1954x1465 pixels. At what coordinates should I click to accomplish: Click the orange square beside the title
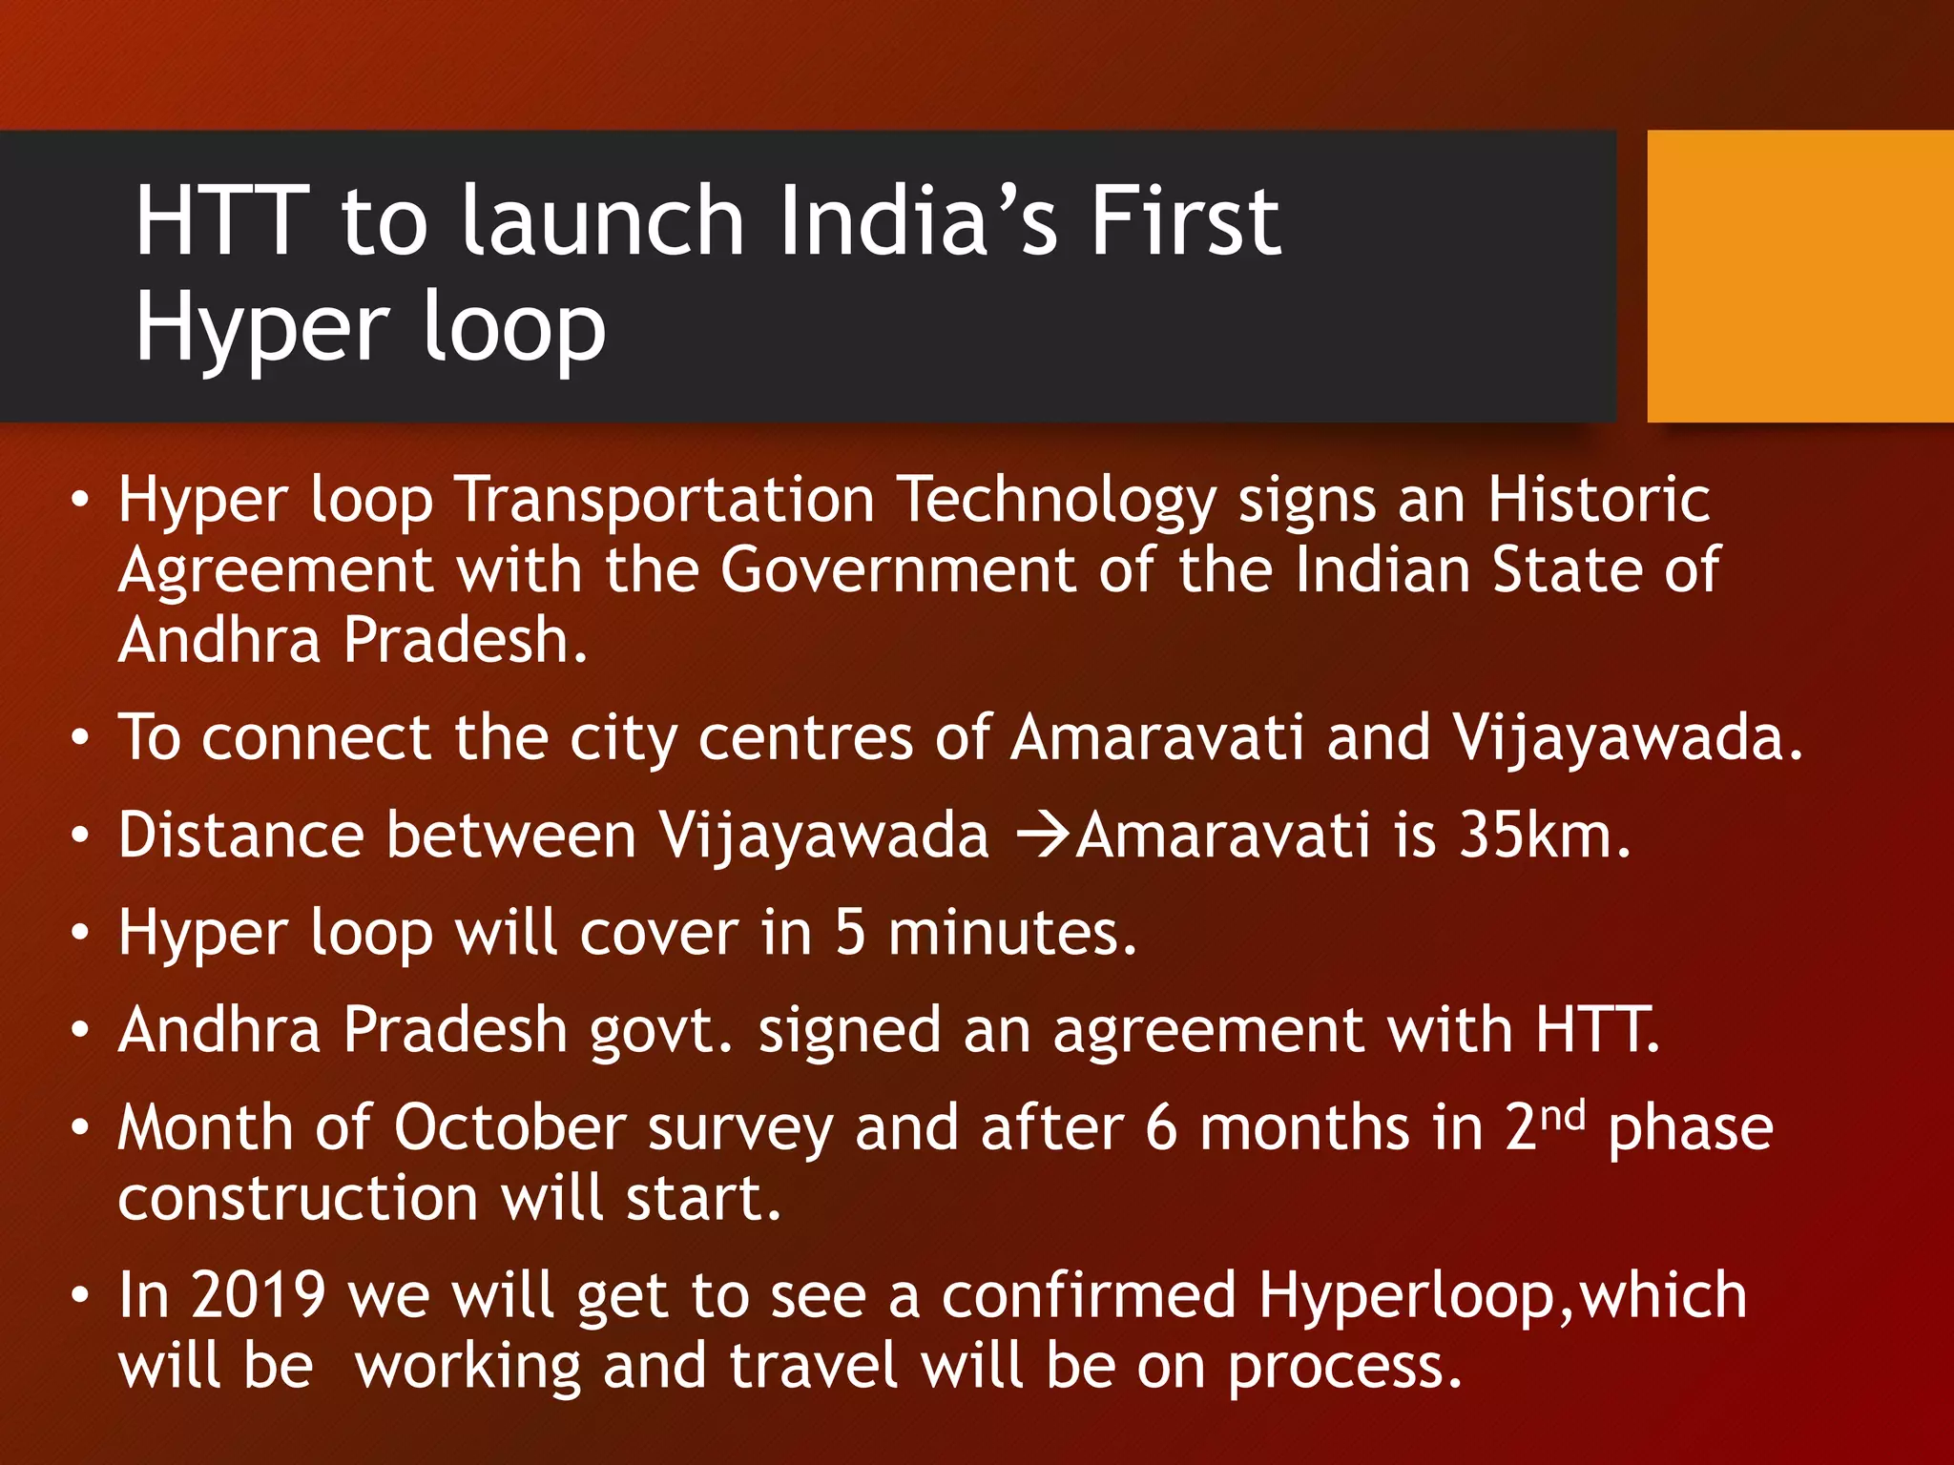pos(1799,277)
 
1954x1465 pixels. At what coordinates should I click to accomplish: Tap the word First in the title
pos(1186,221)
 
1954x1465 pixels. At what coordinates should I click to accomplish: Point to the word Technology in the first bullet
pos(1057,500)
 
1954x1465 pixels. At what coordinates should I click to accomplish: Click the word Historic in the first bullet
pos(1599,500)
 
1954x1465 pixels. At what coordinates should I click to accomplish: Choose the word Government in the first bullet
pos(897,570)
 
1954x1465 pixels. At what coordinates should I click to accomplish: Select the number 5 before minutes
pos(850,933)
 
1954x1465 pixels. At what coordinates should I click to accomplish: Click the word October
pos(509,1128)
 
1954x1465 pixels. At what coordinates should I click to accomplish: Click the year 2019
pos(259,1296)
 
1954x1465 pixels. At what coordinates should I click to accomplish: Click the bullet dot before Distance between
pos(80,836)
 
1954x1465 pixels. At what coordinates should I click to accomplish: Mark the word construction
pos(298,1199)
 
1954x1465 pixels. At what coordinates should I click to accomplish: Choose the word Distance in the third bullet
pos(241,836)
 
